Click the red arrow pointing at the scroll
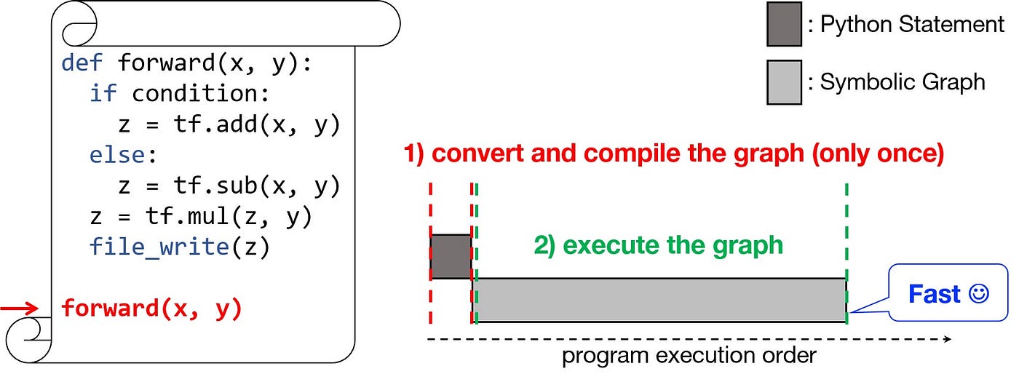[19, 309]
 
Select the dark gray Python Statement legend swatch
[783, 24]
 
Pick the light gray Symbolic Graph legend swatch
[783, 81]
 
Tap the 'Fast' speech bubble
[948, 295]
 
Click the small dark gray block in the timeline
[451, 256]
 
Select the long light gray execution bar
[659, 300]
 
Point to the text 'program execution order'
[689, 357]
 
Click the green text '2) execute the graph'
[658, 245]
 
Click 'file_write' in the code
[159, 248]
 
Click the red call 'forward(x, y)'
[151, 309]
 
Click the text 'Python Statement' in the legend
[912, 25]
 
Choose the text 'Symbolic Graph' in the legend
[903, 82]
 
